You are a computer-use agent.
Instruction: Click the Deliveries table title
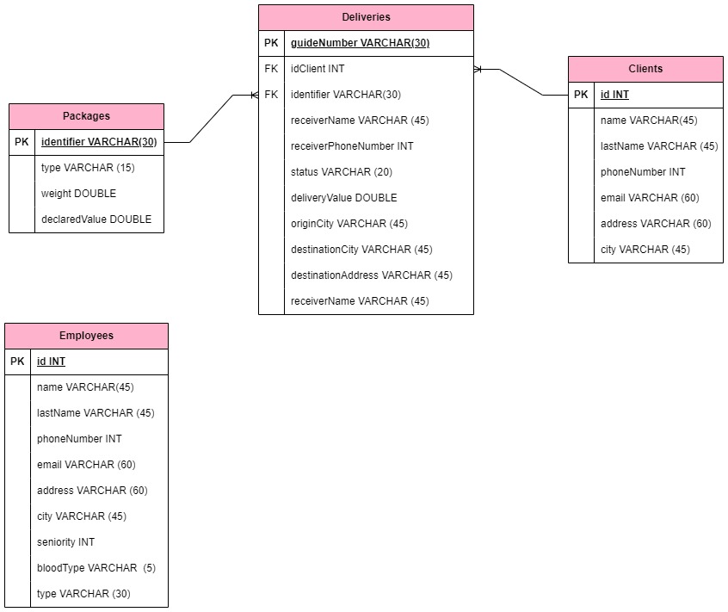coord(366,17)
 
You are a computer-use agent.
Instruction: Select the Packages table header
coord(86,116)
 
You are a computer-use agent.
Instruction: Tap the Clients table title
coord(645,69)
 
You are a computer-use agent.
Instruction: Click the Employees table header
coord(86,336)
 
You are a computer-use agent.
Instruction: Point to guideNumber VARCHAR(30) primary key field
coord(360,43)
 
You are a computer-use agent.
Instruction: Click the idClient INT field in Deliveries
coord(318,69)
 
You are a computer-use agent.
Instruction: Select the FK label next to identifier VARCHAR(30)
coord(271,95)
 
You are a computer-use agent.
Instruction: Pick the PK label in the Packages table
coord(22,142)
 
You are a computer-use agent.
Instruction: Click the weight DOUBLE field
coord(78,194)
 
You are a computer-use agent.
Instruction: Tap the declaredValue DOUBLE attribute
coord(96,219)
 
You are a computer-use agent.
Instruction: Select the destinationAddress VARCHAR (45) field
coord(372,275)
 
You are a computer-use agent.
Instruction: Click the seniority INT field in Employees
coord(65,542)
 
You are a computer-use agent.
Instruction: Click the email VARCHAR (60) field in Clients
coord(650,198)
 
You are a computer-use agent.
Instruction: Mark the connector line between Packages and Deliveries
coord(211,119)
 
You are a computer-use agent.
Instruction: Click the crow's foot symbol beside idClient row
coord(479,69)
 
